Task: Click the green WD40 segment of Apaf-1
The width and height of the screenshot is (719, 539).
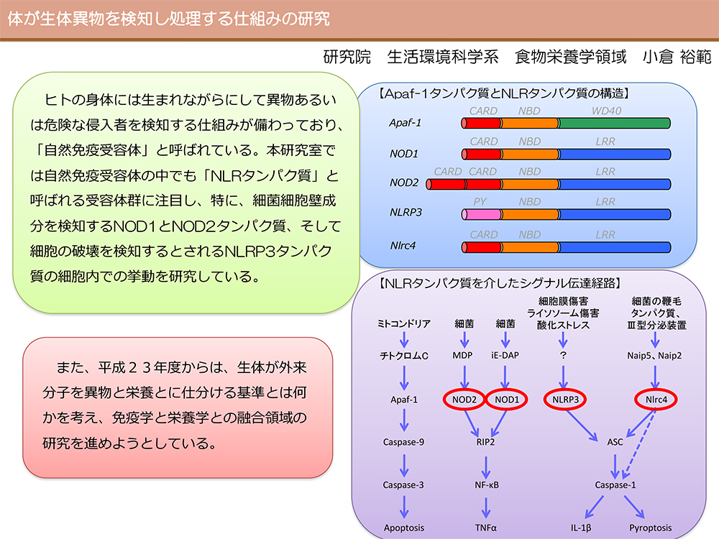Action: (615, 123)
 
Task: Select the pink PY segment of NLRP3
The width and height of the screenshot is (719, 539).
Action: (482, 214)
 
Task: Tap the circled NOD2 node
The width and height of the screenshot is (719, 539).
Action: (464, 400)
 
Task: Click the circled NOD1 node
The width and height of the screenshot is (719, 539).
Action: (507, 400)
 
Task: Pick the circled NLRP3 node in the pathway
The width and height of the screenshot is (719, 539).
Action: (565, 400)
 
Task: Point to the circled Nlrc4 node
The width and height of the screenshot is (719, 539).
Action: (656, 400)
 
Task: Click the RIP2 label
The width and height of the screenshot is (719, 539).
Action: (485, 442)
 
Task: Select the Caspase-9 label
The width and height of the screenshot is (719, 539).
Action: (403, 442)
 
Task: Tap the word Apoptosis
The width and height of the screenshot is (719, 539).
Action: (403, 528)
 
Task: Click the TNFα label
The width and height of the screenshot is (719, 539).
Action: (485, 528)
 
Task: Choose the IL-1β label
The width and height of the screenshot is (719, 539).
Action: (580, 528)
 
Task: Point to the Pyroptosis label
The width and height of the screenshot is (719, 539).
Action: (650, 528)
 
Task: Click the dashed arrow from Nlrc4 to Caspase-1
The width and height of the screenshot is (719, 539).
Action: (641, 443)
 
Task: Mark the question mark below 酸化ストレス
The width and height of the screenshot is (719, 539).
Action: (563, 355)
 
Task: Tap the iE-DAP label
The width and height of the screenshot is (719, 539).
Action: (505, 355)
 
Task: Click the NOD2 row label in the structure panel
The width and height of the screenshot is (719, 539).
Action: (404, 183)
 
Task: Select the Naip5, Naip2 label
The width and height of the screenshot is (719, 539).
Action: (654, 356)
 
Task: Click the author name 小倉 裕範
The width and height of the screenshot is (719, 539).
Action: (677, 57)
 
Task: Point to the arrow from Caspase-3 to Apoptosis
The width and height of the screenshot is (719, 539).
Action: (404, 507)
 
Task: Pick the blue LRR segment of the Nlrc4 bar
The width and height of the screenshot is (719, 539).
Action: (615, 247)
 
